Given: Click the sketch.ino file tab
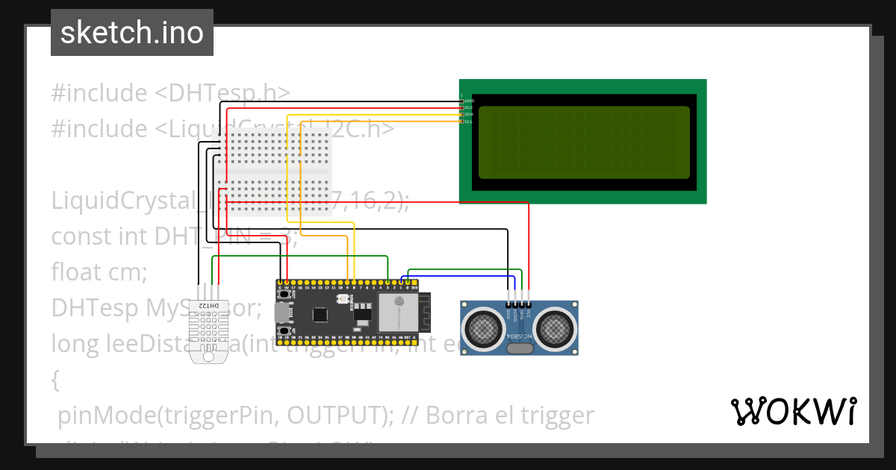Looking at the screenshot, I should [132, 33].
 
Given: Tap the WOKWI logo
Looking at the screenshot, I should [793, 411].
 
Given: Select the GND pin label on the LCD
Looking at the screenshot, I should [469, 100].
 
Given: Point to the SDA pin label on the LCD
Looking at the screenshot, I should [469, 114].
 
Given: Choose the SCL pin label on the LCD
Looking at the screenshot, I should [469, 121].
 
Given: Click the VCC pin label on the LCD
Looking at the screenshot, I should [469, 107].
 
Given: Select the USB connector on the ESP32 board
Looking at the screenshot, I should [281, 312].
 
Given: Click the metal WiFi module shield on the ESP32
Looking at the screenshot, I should [396, 312].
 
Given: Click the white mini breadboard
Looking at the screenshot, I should [273, 172].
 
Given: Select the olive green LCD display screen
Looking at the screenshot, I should [584, 142].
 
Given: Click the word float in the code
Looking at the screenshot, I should [77, 272].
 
